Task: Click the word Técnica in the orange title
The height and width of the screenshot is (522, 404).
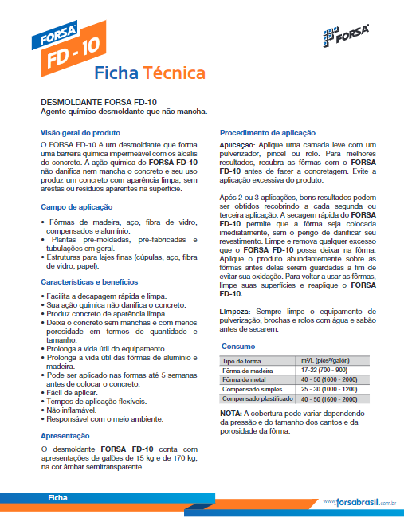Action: (x=175, y=73)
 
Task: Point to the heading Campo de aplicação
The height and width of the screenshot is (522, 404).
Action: (x=77, y=207)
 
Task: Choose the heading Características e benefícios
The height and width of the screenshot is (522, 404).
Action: (x=89, y=281)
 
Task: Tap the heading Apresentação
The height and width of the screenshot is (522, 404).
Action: (x=66, y=436)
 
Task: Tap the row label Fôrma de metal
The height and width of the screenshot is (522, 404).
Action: (x=244, y=379)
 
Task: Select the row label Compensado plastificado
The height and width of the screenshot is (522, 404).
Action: (x=254, y=398)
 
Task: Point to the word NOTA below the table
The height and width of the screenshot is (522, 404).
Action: (x=231, y=414)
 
